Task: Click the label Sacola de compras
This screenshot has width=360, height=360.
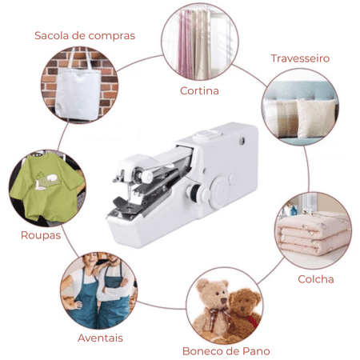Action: (84, 35)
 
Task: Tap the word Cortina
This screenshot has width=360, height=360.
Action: (199, 90)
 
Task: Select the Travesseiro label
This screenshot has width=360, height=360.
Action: (300, 58)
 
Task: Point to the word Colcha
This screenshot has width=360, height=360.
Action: (315, 279)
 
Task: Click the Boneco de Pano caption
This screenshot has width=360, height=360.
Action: (226, 350)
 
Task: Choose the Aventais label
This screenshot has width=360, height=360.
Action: (100, 337)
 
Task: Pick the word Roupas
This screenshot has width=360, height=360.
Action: (41, 235)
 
